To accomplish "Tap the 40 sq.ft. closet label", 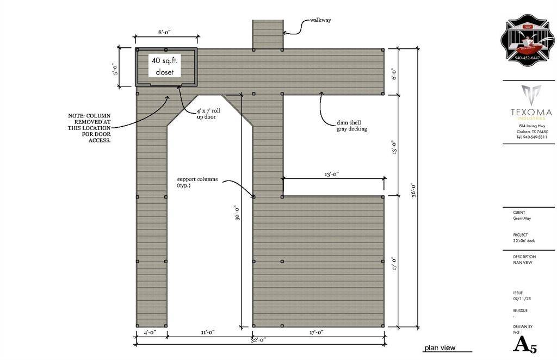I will click(165, 66).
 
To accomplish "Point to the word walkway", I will click(320, 20).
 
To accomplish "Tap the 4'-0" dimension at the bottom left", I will click(150, 332).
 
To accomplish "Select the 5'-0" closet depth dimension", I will click(116, 66).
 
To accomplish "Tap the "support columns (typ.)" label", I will click(197, 182).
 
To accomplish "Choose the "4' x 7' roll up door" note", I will click(207, 114).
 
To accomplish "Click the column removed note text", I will click(90, 128).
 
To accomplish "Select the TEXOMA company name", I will click(531, 113).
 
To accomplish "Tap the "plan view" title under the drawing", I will click(440, 348).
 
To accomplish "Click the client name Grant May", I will click(522, 219).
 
